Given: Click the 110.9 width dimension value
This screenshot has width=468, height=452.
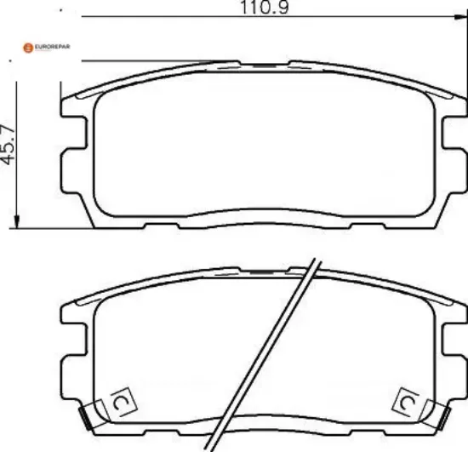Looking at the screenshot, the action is point(265,7).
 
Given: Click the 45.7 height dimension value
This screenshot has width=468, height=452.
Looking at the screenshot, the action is point(8,145).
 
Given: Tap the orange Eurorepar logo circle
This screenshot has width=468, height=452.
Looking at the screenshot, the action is point(28,48).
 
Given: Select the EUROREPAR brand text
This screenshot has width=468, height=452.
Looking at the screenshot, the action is point(52,47).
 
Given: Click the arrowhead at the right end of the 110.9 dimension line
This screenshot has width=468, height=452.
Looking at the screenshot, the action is point(460,17).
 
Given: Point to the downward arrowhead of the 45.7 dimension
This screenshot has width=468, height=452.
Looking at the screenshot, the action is point(17,221).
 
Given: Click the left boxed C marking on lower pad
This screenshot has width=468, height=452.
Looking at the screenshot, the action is point(124,403).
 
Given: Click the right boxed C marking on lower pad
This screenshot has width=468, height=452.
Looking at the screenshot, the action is point(406,403).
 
